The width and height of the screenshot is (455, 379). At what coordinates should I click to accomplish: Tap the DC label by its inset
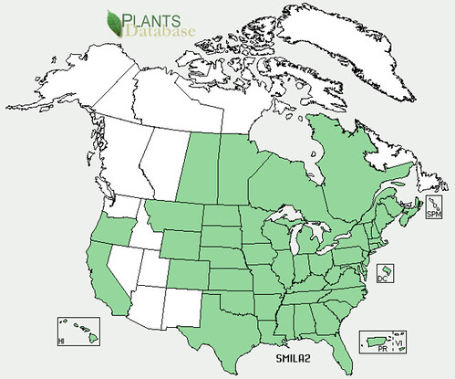[383, 283]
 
